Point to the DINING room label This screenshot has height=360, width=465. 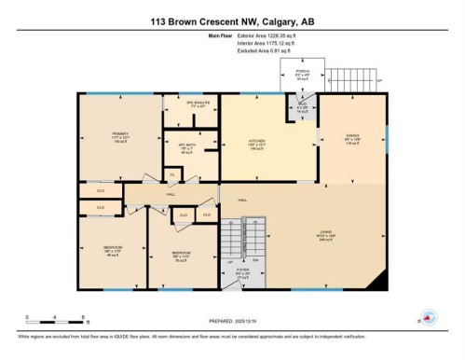click(x=350, y=139)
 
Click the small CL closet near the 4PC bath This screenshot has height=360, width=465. click(x=172, y=174)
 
